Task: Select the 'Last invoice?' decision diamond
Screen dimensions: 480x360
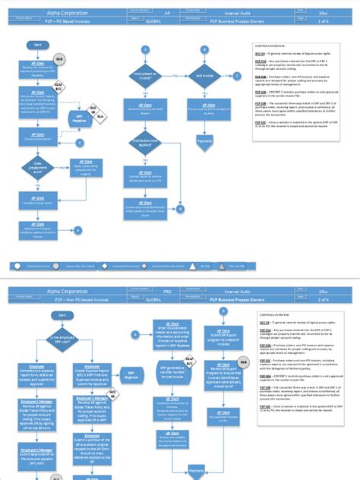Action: pos(204,75)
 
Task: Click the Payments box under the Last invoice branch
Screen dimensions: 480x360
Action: pos(204,141)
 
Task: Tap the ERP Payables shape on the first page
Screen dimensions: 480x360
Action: pos(79,120)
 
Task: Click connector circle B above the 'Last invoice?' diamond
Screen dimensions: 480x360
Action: pos(204,47)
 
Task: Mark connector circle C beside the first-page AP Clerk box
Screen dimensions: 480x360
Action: pos(79,143)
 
